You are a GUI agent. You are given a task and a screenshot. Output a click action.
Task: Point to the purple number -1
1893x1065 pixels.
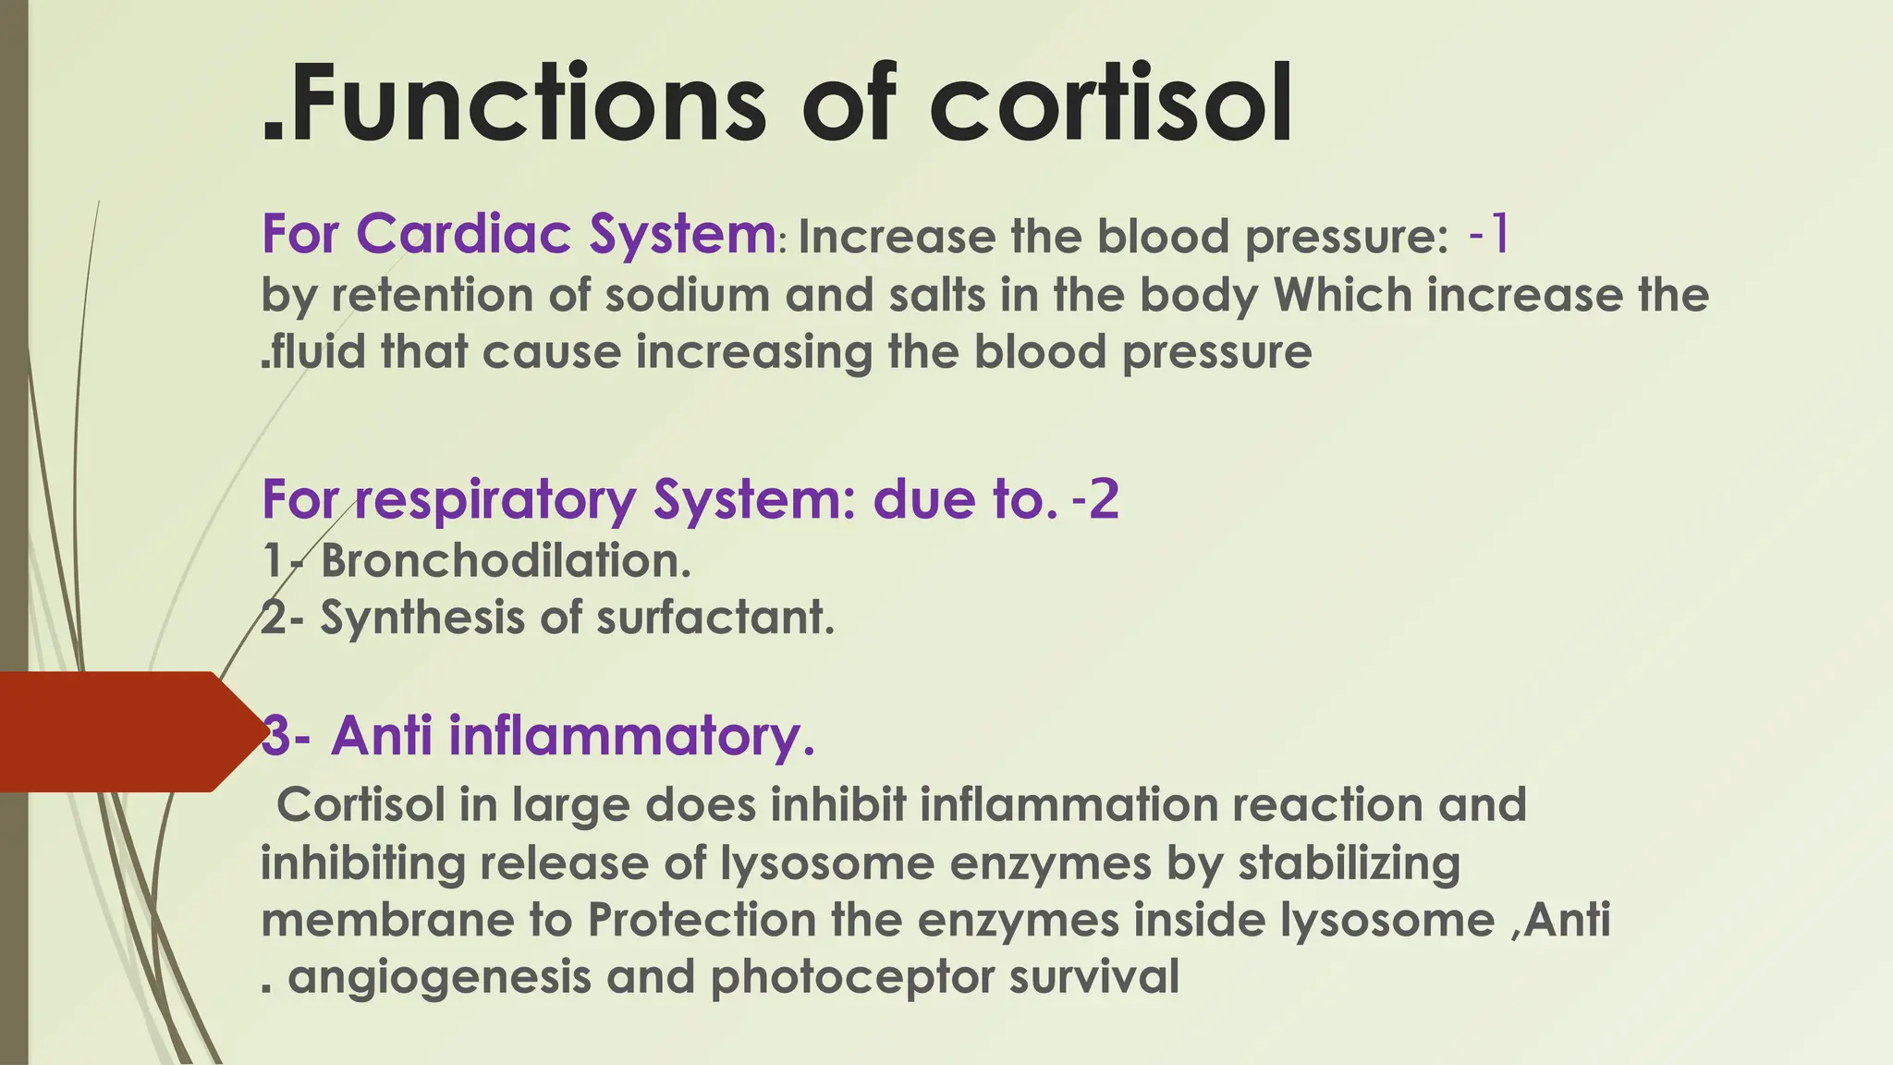tap(1488, 234)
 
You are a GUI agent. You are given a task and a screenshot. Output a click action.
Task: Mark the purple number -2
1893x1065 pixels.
tap(1095, 500)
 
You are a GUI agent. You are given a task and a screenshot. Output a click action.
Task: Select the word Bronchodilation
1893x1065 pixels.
tap(505, 560)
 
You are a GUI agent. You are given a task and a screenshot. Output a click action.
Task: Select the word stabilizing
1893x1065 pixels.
tap(1350, 863)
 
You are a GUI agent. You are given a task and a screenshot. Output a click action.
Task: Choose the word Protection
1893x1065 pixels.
tap(702, 921)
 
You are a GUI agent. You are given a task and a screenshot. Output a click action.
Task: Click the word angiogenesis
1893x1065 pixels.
tap(439, 978)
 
